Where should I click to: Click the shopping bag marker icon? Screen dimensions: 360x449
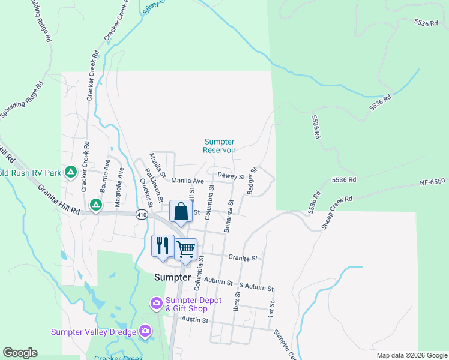point(181,211)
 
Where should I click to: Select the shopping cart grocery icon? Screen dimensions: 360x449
point(186,248)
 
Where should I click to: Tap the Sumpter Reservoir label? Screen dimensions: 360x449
point(219,146)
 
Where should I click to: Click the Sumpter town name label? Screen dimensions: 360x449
point(172,278)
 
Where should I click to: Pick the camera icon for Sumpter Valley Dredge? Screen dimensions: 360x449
point(145,331)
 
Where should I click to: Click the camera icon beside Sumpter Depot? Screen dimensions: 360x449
point(157,302)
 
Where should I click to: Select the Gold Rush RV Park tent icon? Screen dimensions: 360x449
point(70,173)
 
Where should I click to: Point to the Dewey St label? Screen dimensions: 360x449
point(231,176)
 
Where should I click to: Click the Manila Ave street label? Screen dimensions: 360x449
point(188,180)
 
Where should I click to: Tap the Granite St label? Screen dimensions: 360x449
point(243,258)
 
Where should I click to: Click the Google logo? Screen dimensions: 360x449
point(20,353)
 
